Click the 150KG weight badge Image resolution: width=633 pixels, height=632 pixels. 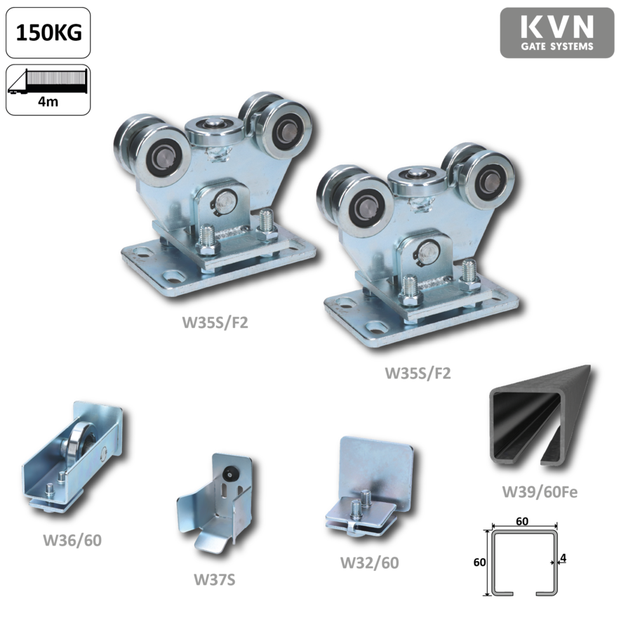click(x=48, y=33)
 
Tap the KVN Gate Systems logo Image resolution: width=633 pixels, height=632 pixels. click(x=557, y=33)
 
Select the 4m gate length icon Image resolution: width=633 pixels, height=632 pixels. click(x=48, y=90)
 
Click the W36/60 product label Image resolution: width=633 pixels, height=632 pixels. click(x=72, y=540)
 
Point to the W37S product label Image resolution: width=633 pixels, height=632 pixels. click(x=214, y=580)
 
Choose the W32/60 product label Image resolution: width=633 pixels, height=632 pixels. click(x=369, y=562)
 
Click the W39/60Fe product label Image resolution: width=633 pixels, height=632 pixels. click(x=540, y=492)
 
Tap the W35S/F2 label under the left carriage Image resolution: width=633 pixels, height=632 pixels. click(x=215, y=322)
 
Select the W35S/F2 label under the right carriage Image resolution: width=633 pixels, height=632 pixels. click(x=418, y=373)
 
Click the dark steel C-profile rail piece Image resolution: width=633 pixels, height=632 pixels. click(x=525, y=420)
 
